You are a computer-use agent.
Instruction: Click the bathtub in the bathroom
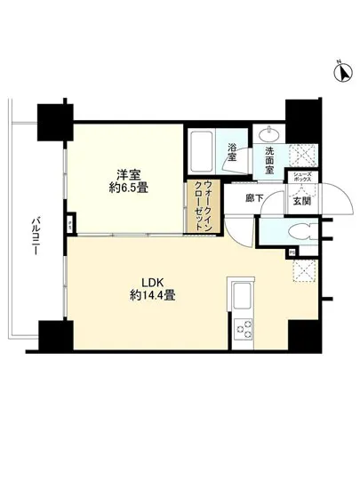(201, 151)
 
